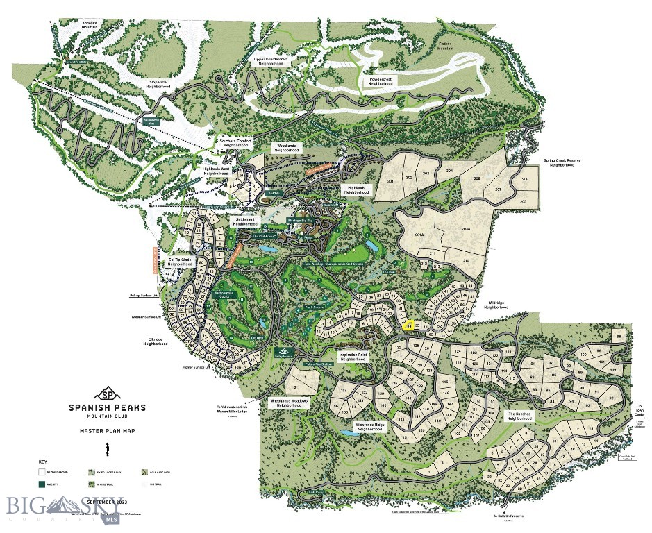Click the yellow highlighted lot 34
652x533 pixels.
410,325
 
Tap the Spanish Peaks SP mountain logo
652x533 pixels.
107,393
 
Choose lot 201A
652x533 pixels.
419,235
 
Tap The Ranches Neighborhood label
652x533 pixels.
519,416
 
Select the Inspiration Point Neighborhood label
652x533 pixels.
353,357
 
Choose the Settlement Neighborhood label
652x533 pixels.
245,222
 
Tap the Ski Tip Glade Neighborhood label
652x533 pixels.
180,262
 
